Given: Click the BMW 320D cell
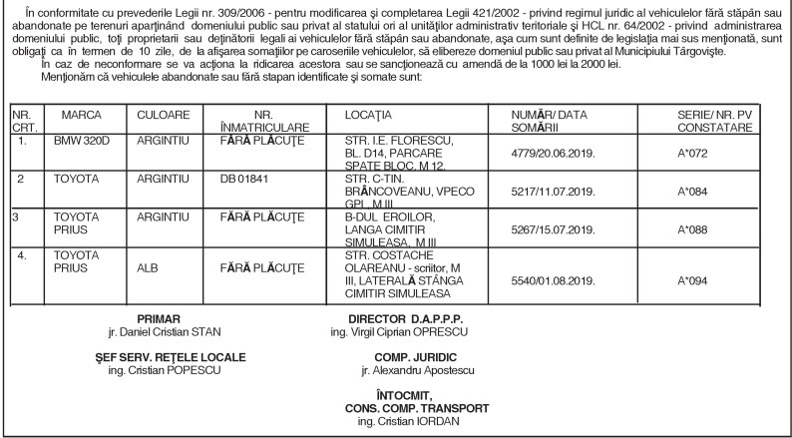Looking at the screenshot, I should point(80,145).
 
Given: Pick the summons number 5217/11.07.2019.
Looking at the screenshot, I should point(560,193).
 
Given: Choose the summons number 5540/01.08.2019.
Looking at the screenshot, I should point(560,278).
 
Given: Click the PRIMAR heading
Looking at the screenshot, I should point(159,319).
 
